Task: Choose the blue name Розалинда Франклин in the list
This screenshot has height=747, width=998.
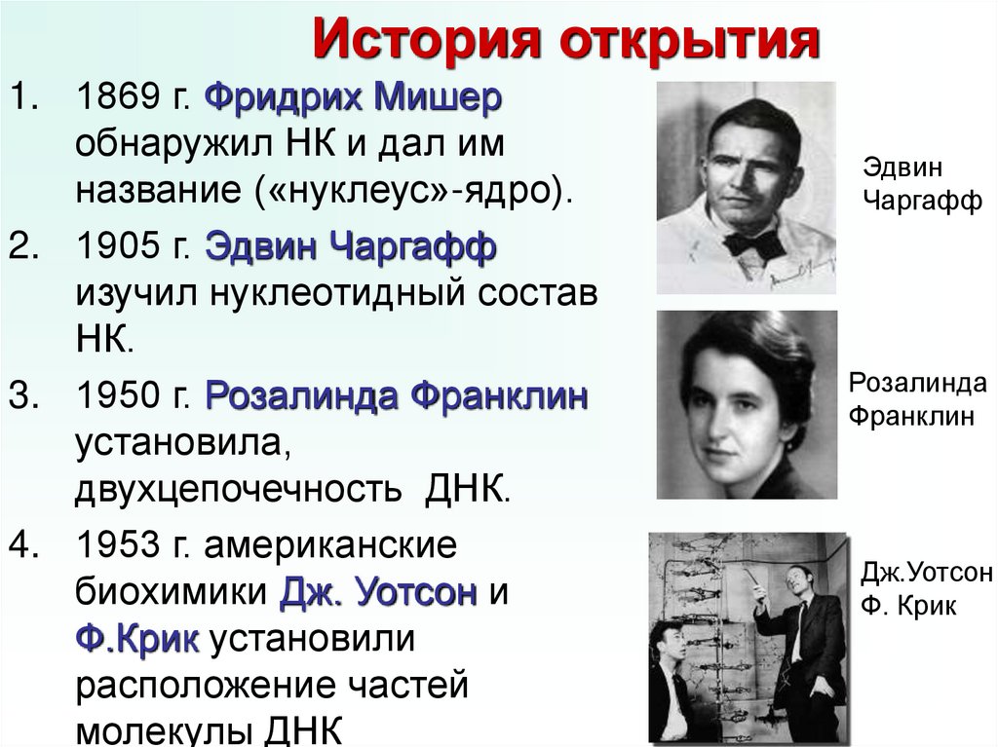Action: (397, 396)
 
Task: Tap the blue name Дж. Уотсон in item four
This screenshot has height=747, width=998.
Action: (379, 592)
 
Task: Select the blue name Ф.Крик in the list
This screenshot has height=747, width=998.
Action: (137, 640)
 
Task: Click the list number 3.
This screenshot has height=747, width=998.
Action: (21, 396)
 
